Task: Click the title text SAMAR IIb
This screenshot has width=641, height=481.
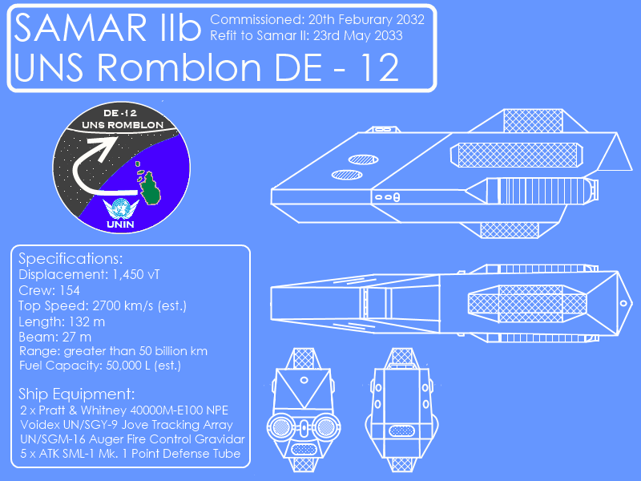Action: click(x=107, y=27)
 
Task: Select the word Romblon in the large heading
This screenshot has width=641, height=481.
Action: click(x=179, y=67)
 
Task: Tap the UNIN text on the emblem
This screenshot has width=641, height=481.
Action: click(x=120, y=224)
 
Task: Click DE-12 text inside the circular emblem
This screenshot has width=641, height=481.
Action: click(x=119, y=113)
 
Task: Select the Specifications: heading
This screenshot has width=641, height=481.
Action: click(x=71, y=258)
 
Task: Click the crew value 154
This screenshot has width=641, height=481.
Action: click(x=70, y=290)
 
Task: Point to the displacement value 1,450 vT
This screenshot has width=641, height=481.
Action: click(x=135, y=274)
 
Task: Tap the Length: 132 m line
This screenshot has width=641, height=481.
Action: click(x=62, y=322)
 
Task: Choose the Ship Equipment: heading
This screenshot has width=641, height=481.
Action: click(x=76, y=394)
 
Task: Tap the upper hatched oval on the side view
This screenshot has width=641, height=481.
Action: click(x=363, y=160)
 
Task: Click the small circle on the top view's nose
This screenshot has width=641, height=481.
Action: click(x=623, y=304)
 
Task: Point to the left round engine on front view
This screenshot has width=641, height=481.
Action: click(x=281, y=427)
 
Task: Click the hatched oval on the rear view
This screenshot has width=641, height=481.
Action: click(x=401, y=430)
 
